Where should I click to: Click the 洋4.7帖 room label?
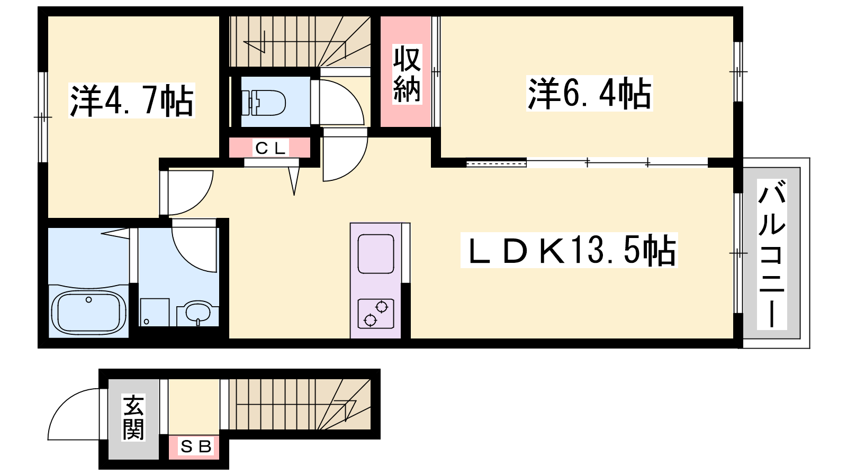tap(132, 100)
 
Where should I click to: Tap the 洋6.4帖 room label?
tap(590, 93)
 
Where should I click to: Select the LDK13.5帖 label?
tap(569, 250)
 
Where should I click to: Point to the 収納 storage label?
tap(407, 74)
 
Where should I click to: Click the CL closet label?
tap(271, 148)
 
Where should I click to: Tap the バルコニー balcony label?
tap(772, 254)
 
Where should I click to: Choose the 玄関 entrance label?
tap(133, 417)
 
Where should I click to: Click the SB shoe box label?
tap(196, 447)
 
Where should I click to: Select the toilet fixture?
tap(265, 103)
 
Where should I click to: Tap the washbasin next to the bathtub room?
tap(198, 312)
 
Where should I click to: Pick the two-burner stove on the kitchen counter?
tap(376, 314)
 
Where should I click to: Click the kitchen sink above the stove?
tap(376, 254)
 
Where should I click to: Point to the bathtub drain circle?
tap(88, 299)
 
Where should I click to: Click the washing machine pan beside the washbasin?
tap(155, 312)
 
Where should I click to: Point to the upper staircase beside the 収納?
tap(300, 42)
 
